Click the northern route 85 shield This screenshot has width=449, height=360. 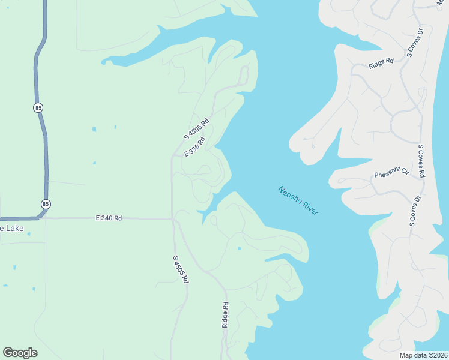pyautogui.click(x=38, y=107)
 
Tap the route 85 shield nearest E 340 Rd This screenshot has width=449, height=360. pyautogui.click(x=46, y=204)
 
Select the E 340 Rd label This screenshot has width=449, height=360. pyautogui.click(x=109, y=218)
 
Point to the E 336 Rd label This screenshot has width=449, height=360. pyautogui.click(x=195, y=147)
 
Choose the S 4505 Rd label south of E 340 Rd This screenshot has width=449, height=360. pyautogui.click(x=181, y=269)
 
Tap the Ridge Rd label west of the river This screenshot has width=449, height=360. pyautogui.click(x=226, y=314)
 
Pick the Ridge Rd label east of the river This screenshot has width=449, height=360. pyautogui.click(x=381, y=61)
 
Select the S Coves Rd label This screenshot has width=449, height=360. pyautogui.click(x=421, y=161)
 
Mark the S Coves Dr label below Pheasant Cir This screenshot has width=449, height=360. pyautogui.click(x=414, y=211)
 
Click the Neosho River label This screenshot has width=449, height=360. pyautogui.click(x=298, y=200)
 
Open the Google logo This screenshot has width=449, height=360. pyautogui.click(x=20, y=353)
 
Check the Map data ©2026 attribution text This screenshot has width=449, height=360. pyautogui.click(x=424, y=355)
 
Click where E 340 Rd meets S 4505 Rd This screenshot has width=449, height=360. pyautogui.click(x=173, y=218)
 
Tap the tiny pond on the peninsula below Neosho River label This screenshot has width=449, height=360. pyautogui.click(x=239, y=248)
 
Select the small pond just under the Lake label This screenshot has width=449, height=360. pyautogui.click(x=15, y=267)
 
